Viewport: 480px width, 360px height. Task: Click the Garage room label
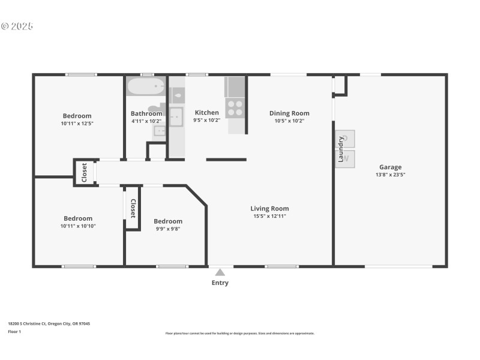click(390, 167)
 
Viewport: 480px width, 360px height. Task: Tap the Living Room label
click(269, 209)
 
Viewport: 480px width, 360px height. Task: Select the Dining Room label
click(289, 113)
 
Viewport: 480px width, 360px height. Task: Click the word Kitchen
click(207, 113)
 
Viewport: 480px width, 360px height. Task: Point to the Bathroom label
click(146, 113)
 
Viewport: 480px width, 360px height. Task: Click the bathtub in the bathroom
click(146, 86)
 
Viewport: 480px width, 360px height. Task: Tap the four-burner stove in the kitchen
click(235, 108)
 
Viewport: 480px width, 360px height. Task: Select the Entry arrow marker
click(220, 272)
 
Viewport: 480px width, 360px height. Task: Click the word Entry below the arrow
click(220, 283)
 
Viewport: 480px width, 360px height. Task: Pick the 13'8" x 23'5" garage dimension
click(390, 175)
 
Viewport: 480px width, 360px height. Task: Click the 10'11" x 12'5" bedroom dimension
click(77, 123)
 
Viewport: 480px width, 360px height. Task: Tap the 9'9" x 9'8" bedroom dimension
click(167, 228)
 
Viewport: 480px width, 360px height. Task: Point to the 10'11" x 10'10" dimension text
click(78, 226)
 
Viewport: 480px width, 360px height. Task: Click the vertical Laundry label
click(340, 149)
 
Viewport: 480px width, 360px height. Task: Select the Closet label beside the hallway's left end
click(85, 172)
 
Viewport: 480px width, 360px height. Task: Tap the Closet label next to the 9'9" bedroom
click(133, 208)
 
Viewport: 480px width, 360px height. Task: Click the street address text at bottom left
click(49, 323)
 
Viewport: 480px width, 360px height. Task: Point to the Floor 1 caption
click(14, 331)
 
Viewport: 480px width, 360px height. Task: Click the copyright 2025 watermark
click(17, 26)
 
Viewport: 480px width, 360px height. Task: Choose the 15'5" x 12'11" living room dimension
click(269, 216)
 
